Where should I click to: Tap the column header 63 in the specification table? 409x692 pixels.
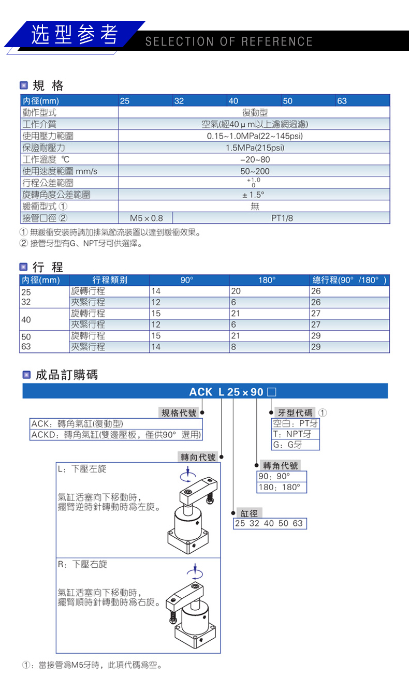[342, 101]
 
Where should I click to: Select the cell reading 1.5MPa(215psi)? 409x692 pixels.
[255, 148]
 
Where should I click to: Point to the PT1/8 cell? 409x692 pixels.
[282, 218]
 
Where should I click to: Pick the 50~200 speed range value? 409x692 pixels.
[255, 171]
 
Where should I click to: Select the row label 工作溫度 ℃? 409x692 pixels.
[46, 159]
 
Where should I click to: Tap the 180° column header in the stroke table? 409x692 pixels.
[267, 280]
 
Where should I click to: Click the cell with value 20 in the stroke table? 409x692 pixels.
[236, 291]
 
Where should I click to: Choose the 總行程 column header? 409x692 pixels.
[349, 280]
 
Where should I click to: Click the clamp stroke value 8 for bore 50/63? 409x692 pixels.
[234, 347]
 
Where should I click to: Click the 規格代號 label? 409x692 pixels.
[179, 413]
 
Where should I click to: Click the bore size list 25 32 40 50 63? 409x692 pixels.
[269, 523]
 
